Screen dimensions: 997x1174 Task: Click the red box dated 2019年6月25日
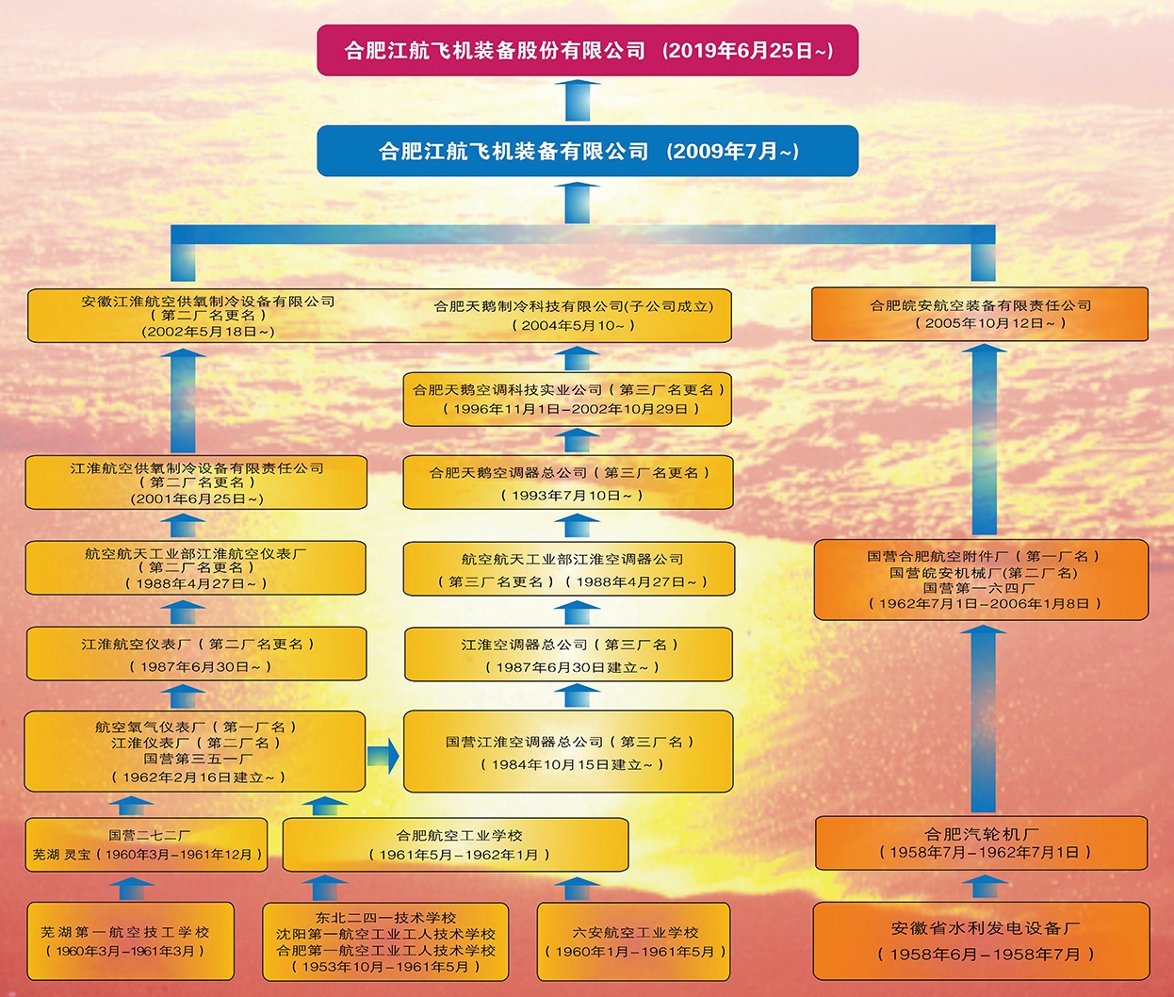pyautogui.click(x=587, y=50)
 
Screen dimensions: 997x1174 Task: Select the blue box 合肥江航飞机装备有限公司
pyautogui.click(x=587, y=151)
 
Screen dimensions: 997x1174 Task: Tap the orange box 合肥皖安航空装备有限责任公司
pyautogui.click(x=980, y=314)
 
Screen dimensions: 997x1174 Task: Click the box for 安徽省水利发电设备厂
pyautogui.click(x=981, y=940)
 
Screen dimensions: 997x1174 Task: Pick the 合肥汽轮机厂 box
pyautogui.click(x=981, y=842)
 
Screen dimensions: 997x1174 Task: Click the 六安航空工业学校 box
pyautogui.click(x=634, y=940)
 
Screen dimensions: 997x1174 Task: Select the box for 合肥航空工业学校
pyautogui.click(x=456, y=844)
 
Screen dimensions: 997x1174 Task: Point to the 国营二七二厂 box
pyautogui.click(x=147, y=844)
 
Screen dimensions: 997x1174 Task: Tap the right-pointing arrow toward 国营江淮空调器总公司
pyautogui.click(x=383, y=755)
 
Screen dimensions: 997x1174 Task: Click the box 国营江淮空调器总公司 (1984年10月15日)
pyautogui.click(x=568, y=752)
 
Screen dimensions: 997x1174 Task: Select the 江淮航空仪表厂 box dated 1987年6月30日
pyautogui.click(x=196, y=654)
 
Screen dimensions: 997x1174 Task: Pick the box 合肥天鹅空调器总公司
pyautogui.click(x=568, y=482)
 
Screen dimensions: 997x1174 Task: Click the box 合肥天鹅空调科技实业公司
pyautogui.click(x=568, y=399)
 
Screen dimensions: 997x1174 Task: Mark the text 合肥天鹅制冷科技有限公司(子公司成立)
pyautogui.click(x=573, y=306)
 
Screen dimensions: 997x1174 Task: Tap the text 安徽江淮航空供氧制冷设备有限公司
pyautogui.click(x=207, y=302)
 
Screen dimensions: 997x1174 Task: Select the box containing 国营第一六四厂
pyautogui.click(x=981, y=580)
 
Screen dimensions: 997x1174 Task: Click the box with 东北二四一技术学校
pyautogui.click(x=385, y=940)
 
